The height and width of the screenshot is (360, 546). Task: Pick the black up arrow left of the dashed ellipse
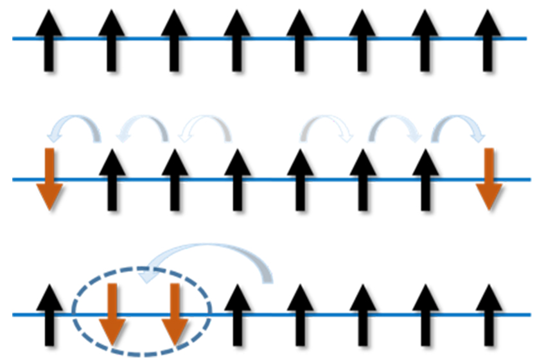(49, 315)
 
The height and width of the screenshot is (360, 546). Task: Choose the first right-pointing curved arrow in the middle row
(328, 127)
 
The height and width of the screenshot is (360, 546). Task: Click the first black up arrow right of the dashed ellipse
(237, 315)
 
